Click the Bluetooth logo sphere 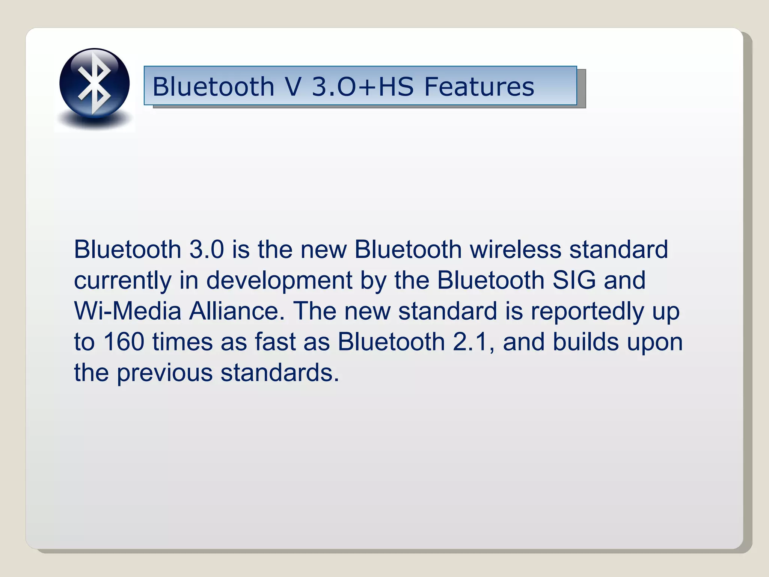94,83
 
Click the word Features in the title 479,87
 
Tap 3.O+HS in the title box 362,87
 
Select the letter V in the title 293,87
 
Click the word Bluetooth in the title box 213,87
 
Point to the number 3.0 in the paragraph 207,249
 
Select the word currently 122,281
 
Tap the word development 279,281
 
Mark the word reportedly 587,312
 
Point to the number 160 124,342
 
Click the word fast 275,342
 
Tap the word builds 585,342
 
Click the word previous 164,373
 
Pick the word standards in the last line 279,373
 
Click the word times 182,342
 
